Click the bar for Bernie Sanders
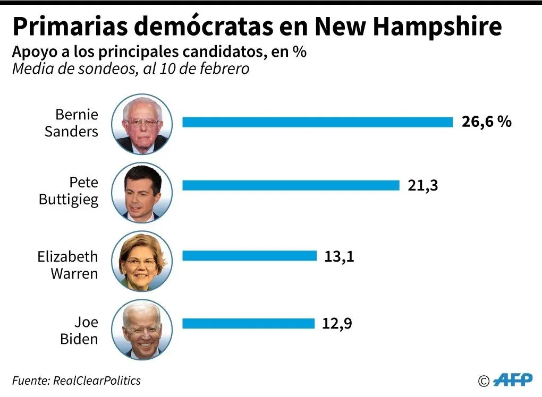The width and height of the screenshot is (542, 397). [x=317, y=123]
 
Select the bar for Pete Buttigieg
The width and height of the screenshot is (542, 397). [x=291, y=185]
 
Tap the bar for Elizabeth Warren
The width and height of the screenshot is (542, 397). [x=249, y=256]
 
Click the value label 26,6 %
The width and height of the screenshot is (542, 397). [x=486, y=122]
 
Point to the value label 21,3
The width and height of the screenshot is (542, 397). [x=422, y=185]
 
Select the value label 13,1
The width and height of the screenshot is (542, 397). [x=339, y=256]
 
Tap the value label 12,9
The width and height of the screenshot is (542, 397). [x=337, y=323]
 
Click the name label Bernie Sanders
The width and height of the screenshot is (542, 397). [x=72, y=123]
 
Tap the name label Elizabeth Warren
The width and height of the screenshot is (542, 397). [x=68, y=265]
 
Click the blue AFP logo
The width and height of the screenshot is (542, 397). [x=513, y=379]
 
